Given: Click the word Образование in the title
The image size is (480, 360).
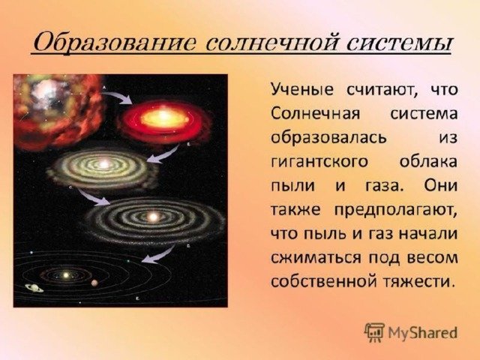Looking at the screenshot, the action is [113, 43].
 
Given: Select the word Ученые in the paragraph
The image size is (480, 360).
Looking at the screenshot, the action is [301, 90].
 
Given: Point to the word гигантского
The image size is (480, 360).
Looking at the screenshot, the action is [319, 162].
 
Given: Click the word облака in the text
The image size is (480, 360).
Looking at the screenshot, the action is [428, 162].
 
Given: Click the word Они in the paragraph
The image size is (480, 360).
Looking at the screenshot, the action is [441, 185].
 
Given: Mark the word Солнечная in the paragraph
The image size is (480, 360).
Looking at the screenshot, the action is [315, 114].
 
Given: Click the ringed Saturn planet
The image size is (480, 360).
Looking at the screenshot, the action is [34, 288].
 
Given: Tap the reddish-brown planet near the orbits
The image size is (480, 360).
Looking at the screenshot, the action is [94, 283].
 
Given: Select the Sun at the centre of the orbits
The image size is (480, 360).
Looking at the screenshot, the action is [65, 275].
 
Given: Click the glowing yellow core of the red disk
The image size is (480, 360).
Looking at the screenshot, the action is [163, 118].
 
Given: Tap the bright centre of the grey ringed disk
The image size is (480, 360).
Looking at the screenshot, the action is [152, 217].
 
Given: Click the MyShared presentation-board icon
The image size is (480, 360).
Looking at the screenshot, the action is [374, 332].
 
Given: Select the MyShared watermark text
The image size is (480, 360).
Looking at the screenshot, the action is [422, 332].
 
